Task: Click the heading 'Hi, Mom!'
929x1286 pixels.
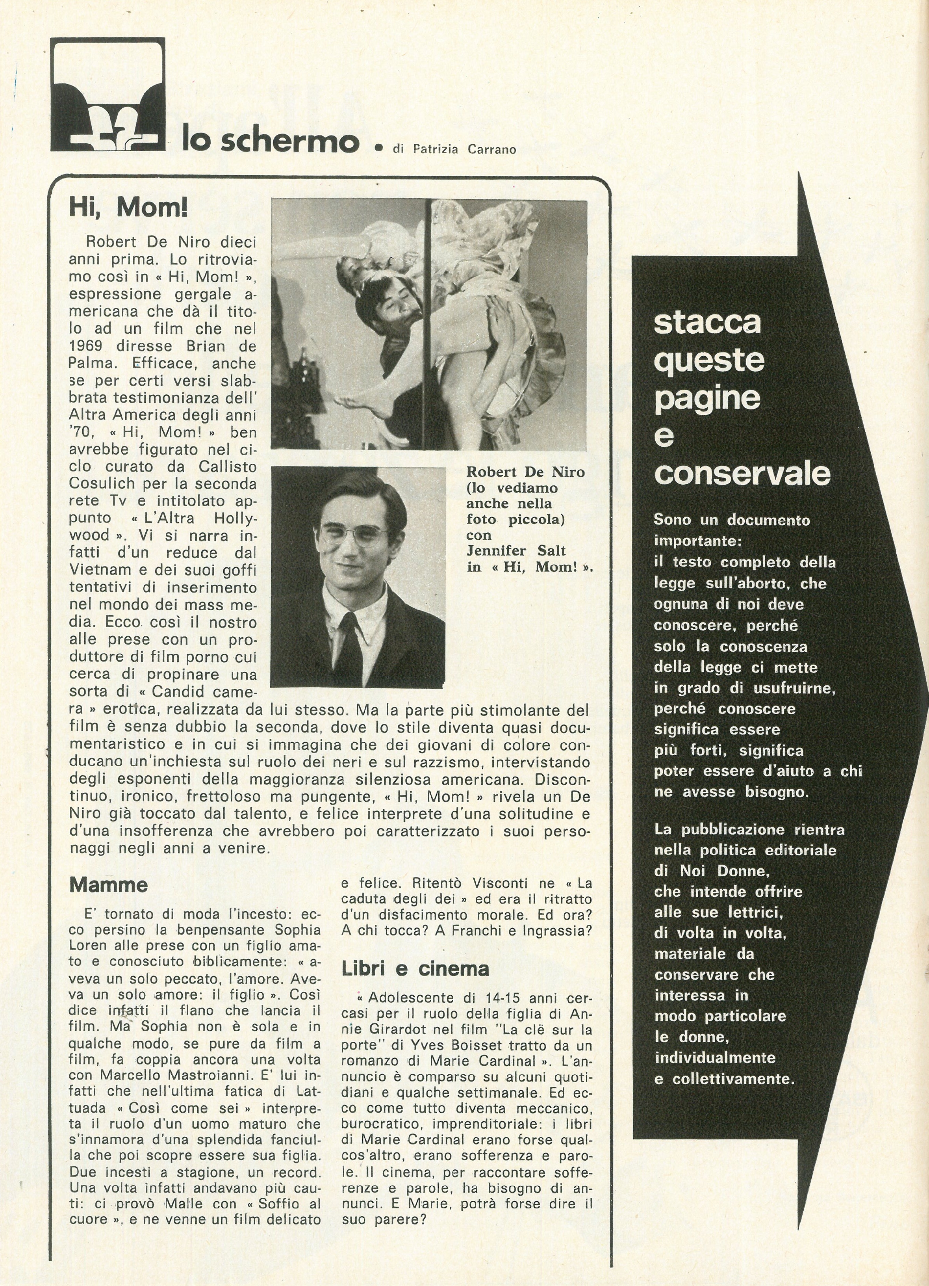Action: (128, 209)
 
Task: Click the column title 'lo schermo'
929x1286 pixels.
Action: (271, 140)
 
